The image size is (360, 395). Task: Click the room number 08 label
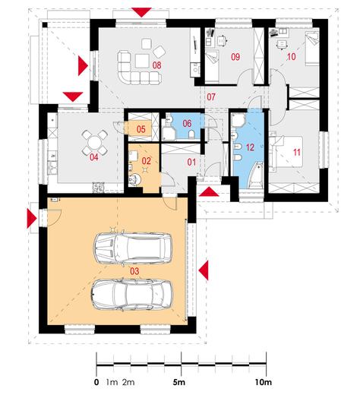pyautogui.click(x=156, y=65)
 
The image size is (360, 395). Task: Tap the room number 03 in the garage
pyautogui.click(x=134, y=271)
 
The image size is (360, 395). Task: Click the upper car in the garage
pyautogui.click(x=133, y=248)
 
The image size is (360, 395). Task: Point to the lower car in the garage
pyautogui.click(x=132, y=295)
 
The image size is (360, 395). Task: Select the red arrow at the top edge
pyautogui.click(x=142, y=12)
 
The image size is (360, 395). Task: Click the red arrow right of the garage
pyautogui.click(x=204, y=270)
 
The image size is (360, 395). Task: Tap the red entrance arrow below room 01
pyautogui.click(x=209, y=191)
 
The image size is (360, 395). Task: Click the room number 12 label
pyautogui.click(x=250, y=147)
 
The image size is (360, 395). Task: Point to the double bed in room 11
pyautogui.click(x=286, y=151)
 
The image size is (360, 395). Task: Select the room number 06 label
pyautogui.click(x=187, y=124)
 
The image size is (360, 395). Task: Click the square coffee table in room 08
pyautogui.click(x=142, y=61)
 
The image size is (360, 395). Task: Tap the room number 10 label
pyautogui.click(x=292, y=57)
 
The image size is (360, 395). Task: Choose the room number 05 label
pyautogui.click(x=141, y=129)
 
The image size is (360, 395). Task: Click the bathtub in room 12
pyautogui.click(x=255, y=175)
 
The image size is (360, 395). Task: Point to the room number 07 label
pyautogui.click(x=211, y=96)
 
